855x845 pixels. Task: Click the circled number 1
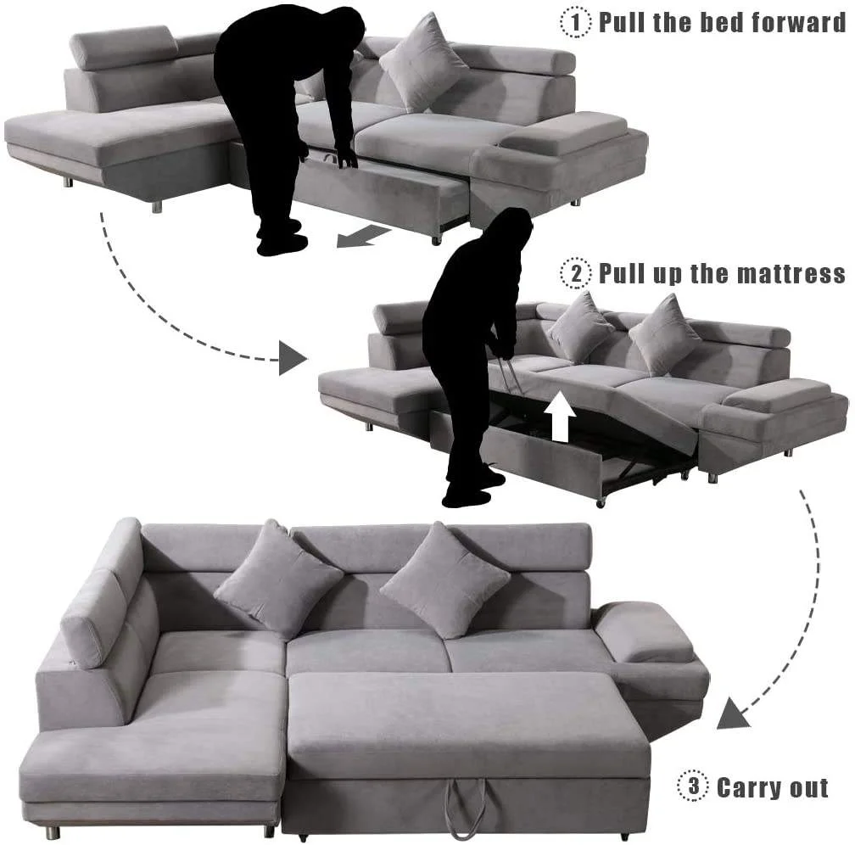pos(577,22)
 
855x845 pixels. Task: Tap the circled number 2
pos(577,273)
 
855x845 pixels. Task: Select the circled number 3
pos(693,786)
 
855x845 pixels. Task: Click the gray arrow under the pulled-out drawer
pos(357,235)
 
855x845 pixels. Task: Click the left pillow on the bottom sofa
pos(277,579)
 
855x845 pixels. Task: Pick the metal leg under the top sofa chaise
pos(156,204)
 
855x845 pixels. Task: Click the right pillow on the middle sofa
pos(663,333)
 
